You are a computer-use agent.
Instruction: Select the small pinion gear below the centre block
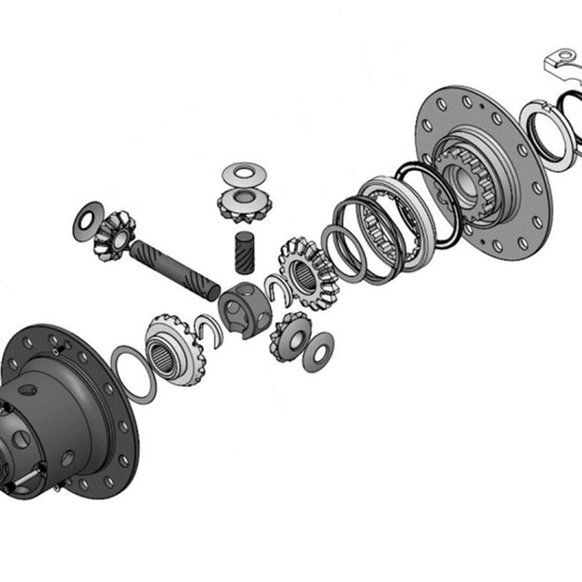tap(288, 335)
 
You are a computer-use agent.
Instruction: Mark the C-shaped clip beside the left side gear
tap(212, 329)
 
